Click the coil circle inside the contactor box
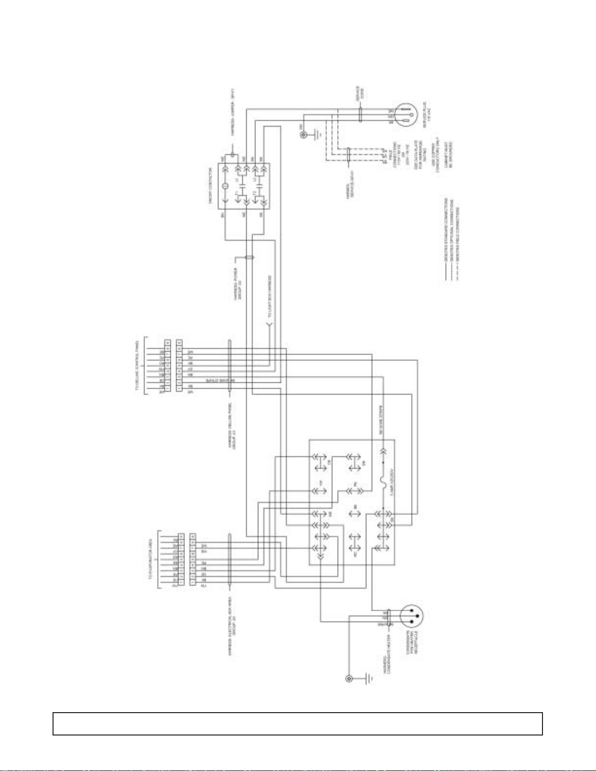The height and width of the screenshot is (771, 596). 225,186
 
